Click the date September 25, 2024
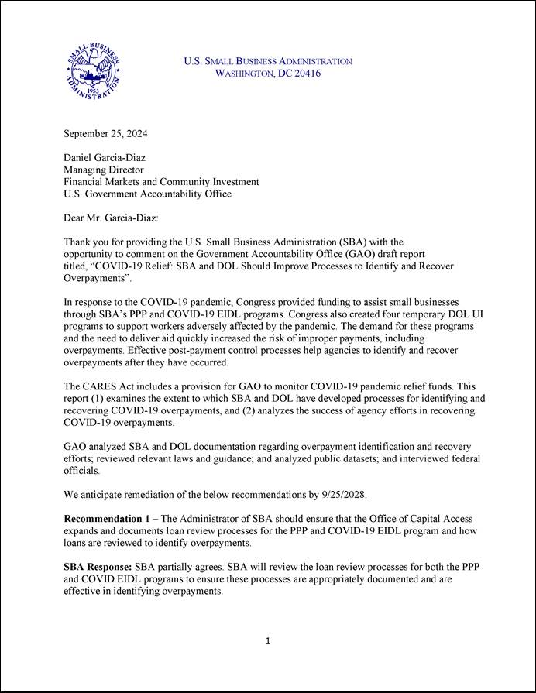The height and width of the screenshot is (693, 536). pyautogui.click(x=105, y=133)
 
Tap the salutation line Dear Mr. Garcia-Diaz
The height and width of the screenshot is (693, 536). pyautogui.click(x=110, y=218)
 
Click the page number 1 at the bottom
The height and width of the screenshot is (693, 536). pyautogui.click(x=267, y=641)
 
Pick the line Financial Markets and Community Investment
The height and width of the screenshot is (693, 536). pyautogui.click(x=161, y=182)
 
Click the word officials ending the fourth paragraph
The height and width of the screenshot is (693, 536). pyautogui.click(x=81, y=470)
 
